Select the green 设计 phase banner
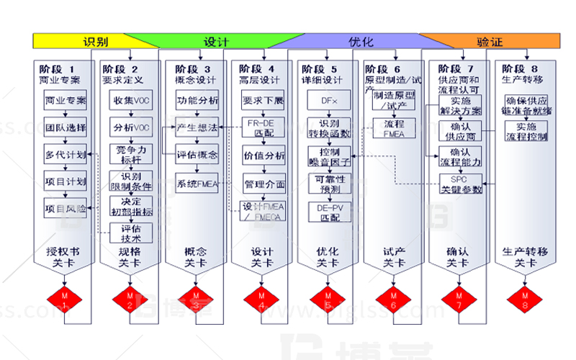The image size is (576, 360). [216, 41]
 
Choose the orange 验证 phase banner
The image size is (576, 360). [490, 41]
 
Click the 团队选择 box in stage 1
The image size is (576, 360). [65, 128]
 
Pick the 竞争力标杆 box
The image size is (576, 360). [130, 154]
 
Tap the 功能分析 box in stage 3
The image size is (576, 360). [197, 100]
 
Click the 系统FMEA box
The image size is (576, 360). [197, 184]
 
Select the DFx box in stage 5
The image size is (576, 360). [330, 100]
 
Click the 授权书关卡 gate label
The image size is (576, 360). [63, 256]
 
